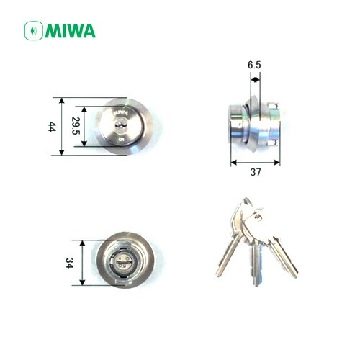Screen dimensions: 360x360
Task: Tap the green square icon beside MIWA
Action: (33, 31)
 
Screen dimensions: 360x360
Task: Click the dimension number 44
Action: (51, 126)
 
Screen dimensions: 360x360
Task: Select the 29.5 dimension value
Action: (75, 127)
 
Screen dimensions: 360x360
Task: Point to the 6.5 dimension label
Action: (254, 66)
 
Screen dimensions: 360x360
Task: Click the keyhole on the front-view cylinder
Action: (120, 127)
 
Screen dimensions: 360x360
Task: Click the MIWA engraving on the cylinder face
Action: (120, 112)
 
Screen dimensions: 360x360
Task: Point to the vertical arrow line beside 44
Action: (63, 126)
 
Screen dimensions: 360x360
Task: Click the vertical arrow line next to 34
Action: (85, 263)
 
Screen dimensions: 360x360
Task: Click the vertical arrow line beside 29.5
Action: (86, 127)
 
